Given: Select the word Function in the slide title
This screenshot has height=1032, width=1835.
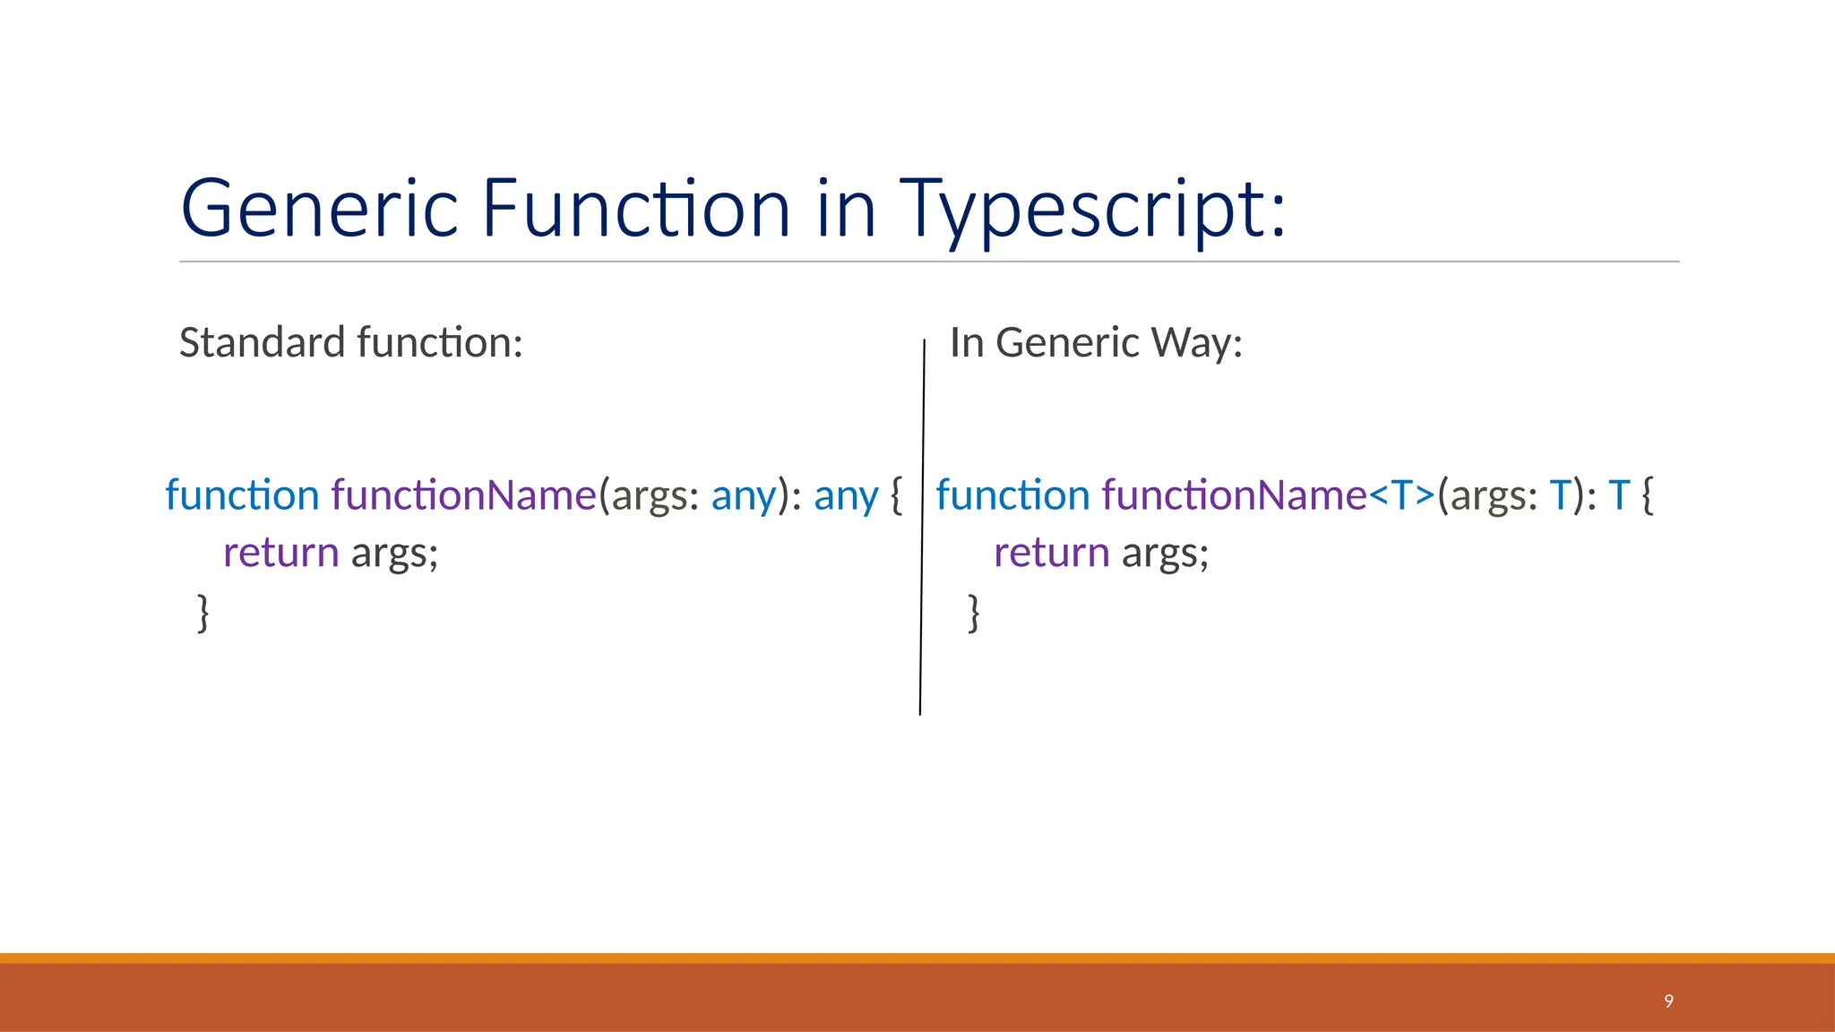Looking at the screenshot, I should [x=636, y=208].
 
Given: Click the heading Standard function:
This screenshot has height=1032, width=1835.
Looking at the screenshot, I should [x=350, y=342].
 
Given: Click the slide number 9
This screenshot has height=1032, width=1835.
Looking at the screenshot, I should [x=1668, y=1001].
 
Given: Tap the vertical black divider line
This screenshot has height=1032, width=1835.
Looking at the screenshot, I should [x=922, y=537].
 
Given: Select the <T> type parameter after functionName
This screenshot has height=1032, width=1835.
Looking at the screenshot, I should [x=1402, y=495].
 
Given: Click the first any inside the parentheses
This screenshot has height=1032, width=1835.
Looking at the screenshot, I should [x=744, y=495].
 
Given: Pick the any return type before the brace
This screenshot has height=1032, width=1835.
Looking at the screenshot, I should [x=846, y=495].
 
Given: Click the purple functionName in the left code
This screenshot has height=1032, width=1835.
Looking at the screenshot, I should [x=464, y=495].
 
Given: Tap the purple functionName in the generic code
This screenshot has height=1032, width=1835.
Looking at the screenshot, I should [x=1234, y=495].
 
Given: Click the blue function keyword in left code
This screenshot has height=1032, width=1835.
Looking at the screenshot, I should [x=242, y=495].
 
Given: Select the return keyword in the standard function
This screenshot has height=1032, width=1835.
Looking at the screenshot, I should [x=280, y=553].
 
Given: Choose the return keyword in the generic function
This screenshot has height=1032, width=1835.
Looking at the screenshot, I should [x=1052, y=553].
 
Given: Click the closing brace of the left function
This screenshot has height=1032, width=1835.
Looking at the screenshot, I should [x=203, y=613].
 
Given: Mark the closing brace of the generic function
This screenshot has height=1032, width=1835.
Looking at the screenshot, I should [x=974, y=613].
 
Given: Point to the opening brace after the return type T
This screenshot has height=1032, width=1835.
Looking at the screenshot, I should [x=1647, y=495].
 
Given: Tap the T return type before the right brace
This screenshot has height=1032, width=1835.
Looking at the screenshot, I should [x=1618, y=495].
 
